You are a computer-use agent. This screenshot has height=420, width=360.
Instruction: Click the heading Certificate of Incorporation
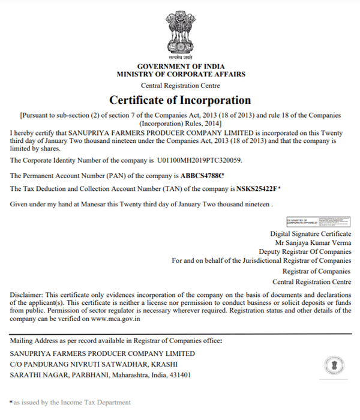coord(180,100)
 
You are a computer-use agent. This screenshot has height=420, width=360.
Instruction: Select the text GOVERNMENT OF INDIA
coord(180,66)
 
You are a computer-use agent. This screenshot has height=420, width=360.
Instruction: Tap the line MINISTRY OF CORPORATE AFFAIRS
coord(180,74)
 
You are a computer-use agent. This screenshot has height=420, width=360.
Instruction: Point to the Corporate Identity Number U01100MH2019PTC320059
coord(200,161)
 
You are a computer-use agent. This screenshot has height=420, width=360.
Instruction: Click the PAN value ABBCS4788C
coord(202,176)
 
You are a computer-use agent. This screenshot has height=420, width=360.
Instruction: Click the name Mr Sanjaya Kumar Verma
coord(313,242)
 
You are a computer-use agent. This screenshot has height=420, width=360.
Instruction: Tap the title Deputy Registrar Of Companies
coord(305,251)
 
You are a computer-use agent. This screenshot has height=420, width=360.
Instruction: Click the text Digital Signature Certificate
coord(311,233)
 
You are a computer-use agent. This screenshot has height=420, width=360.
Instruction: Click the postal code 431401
coord(179,375)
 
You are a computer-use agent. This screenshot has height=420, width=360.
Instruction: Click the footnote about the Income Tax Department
coord(71,402)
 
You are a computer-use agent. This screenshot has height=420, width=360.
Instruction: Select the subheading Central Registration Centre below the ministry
coord(180,85)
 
